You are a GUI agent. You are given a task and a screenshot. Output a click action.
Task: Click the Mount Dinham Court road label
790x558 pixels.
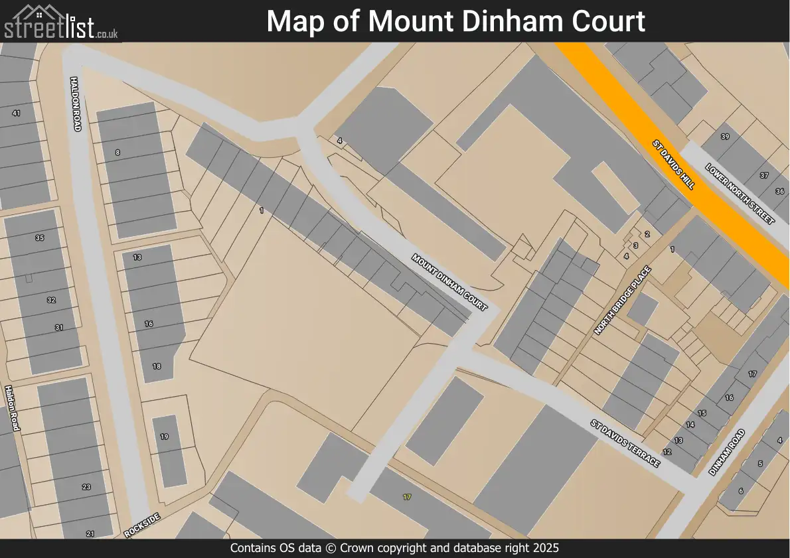[x=449, y=282]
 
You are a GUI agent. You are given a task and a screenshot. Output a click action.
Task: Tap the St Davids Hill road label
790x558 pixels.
[x=673, y=165]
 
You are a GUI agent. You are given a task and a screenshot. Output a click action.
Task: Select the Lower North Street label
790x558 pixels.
[x=740, y=194]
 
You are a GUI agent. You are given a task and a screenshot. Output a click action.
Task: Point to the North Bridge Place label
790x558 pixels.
[x=623, y=301]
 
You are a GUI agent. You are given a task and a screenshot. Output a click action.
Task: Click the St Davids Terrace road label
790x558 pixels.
[x=625, y=443]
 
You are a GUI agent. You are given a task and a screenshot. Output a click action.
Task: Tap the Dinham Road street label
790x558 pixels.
[x=727, y=452]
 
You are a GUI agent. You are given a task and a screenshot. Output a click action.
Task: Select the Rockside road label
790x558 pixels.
[x=142, y=525]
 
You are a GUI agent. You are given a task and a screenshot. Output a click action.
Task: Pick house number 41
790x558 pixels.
[x=16, y=113]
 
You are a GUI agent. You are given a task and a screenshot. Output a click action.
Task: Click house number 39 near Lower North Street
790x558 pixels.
[x=725, y=137]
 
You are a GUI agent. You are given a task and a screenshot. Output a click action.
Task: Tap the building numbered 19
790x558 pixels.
[x=164, y=437]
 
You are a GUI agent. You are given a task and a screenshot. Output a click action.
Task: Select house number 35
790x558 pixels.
[x=39, y=238]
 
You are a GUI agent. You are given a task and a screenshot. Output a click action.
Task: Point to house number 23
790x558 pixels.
[x=86, y=487]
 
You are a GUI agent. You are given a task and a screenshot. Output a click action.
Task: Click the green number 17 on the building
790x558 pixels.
[x=407, y=496]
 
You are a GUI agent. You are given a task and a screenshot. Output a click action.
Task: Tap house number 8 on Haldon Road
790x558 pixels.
[x=118, y=153]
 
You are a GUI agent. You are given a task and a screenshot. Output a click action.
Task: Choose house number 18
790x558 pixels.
[x=157, y=366]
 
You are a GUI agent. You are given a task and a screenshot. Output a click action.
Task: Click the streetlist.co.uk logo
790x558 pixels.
[x=61, y=22]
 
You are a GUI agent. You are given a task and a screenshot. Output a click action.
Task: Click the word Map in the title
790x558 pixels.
[x=291, y=21]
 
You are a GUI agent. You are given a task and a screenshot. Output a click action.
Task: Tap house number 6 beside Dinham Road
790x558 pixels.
[x=741, y=491]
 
